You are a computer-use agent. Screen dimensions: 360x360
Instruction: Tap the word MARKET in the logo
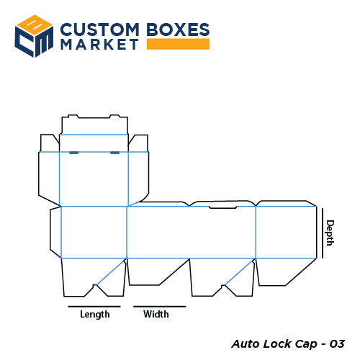(x=99, y=45)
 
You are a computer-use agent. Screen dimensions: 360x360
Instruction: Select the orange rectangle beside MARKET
(x=177, y=45)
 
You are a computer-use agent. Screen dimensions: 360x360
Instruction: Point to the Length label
(x=95, y=315)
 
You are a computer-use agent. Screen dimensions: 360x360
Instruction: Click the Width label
(x=156, y=315)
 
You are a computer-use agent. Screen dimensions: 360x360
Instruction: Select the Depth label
(x=330, y=233)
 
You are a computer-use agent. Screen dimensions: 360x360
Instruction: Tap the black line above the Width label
(x=159, y=307)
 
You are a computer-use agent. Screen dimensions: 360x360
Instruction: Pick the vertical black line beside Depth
(x=323, y=232)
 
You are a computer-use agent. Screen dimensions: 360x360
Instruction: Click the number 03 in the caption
(x=336, y=343)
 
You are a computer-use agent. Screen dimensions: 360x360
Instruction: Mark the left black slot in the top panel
(x=73, y=153)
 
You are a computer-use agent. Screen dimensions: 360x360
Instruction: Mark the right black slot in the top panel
(x=115, y=153)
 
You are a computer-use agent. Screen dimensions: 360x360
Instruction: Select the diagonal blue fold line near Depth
(x=240, y=271)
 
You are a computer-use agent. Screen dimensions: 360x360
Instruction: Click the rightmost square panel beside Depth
(x=286, y=232)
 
